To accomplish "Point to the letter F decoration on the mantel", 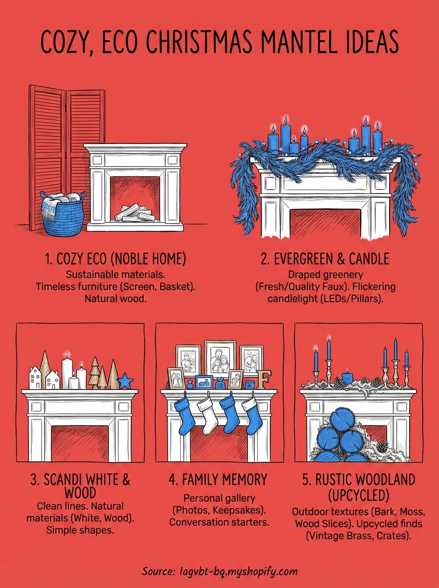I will coord(265,380).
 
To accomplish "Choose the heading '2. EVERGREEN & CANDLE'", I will coord(325,259).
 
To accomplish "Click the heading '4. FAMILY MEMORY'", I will coord(219,480).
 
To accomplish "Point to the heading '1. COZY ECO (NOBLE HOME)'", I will coord(115,259).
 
